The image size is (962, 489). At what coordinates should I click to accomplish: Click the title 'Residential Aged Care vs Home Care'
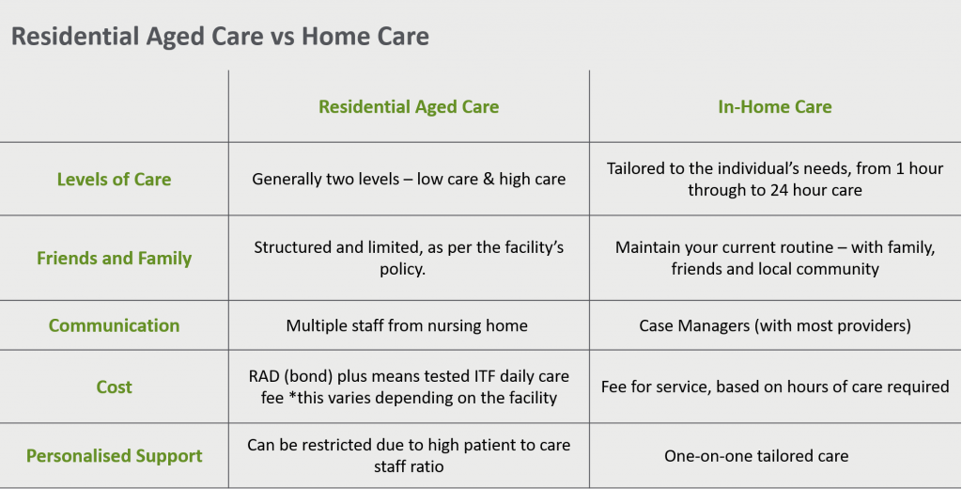(220, 36)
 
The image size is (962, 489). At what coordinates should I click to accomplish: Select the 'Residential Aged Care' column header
(409, 107)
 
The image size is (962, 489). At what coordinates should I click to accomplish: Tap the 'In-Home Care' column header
(775, 107)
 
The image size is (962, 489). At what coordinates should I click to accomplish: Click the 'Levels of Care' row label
(114, 180)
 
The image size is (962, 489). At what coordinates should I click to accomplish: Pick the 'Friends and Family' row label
(114, 258)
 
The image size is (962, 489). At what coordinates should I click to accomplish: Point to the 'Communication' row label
(114, 325)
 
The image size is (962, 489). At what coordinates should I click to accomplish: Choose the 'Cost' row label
(114, 387)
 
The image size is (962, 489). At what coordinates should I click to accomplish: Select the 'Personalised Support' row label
(114, 456)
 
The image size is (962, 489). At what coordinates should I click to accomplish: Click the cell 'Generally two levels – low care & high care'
(409, 180)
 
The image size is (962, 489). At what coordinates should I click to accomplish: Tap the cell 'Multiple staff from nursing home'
(407, 325)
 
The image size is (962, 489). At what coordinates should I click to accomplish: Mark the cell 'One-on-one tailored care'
(756, 456)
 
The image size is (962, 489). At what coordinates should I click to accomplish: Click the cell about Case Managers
(775, 325)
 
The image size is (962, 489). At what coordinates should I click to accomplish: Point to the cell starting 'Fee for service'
(775, 387)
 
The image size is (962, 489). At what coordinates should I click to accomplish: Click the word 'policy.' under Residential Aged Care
(402, 270)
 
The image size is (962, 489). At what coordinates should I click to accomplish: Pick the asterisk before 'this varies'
(292, 396)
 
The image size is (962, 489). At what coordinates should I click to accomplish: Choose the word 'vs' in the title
(284, 39)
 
